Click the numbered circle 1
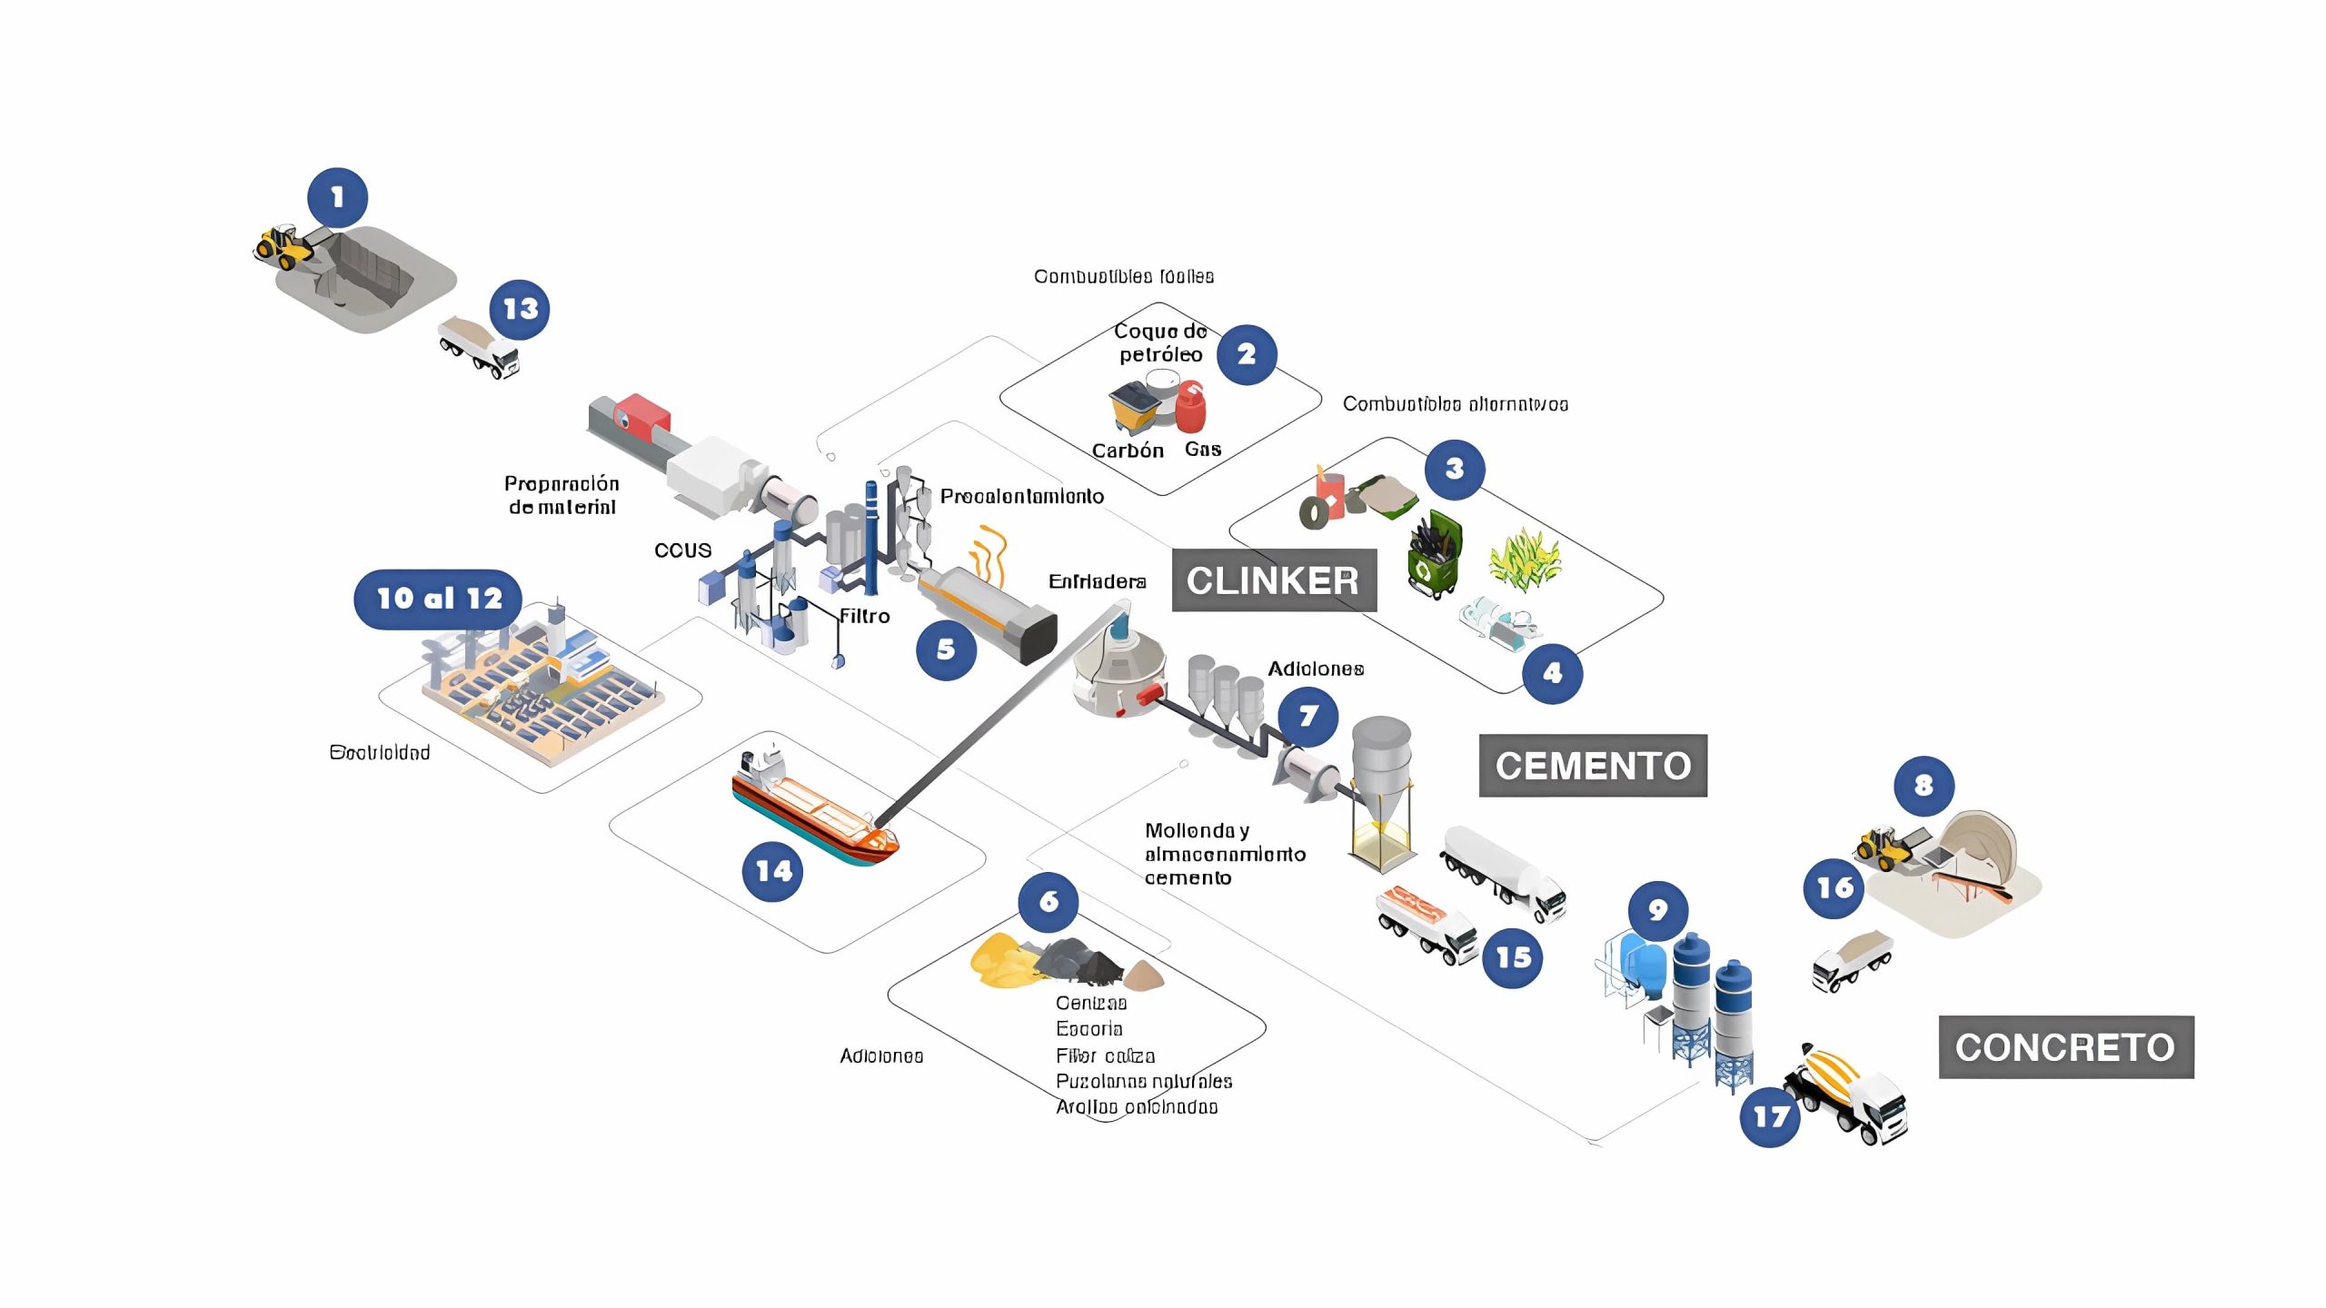(x=337, y=197)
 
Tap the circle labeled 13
(x=520, y=310)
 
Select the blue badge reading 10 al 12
(x=438, y=599)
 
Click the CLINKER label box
(x=1273, y=580)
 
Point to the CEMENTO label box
(x=1593, y=766)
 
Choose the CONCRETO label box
(x=2065, y=1047)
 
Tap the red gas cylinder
(x=1191, y=407)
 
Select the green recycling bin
(x=1434, y=555)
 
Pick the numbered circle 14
(x=773, y=871)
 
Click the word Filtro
(x=864, y=617)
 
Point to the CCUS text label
(x=682, y=550)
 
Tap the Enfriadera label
(x=1097, y=581)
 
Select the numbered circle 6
(x=1049, y=901)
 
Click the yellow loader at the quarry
(x=283, y=247)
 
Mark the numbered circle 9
(x=1658, y=910)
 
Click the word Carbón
(x=1128, y=451)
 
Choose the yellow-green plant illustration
(x=1524, y=559)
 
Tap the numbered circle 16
(x=1834, y=887)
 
